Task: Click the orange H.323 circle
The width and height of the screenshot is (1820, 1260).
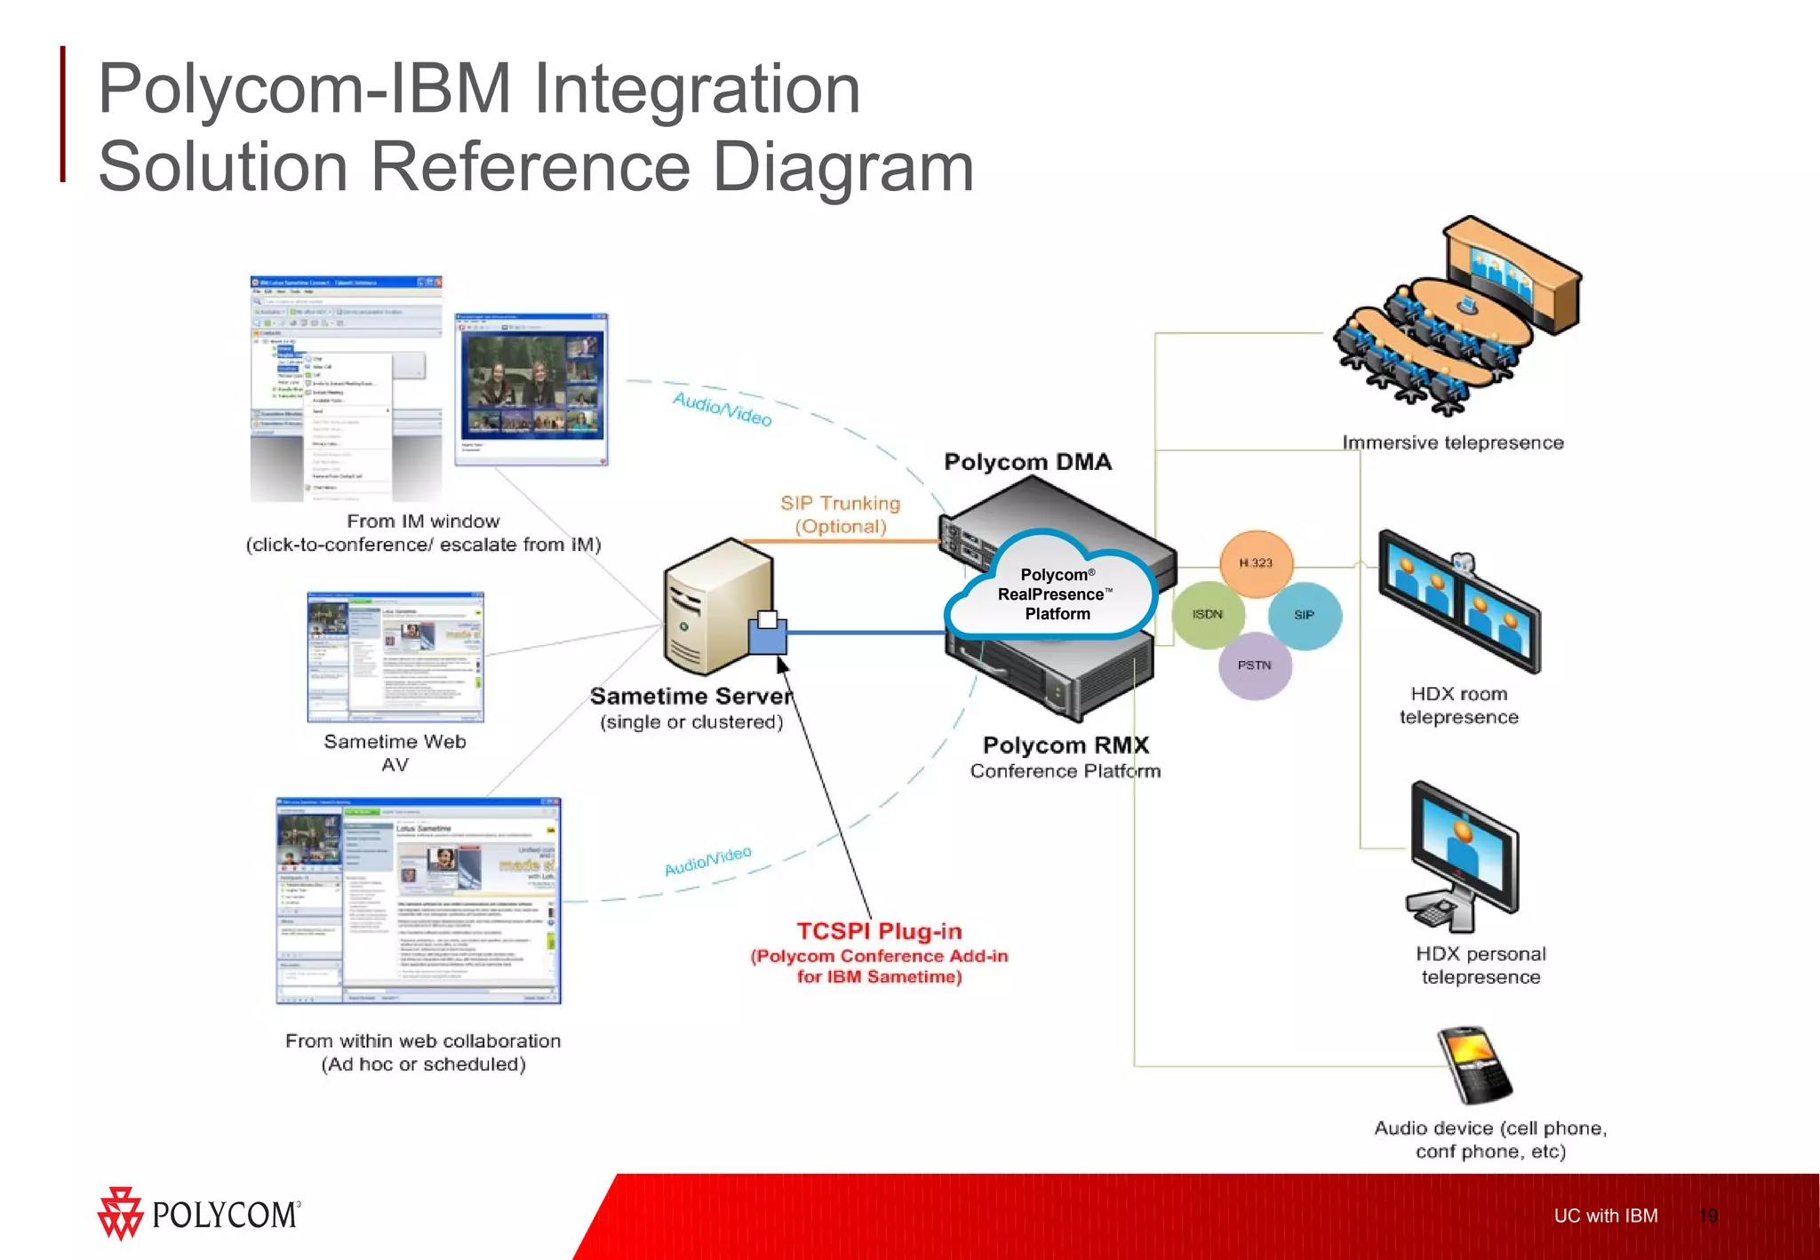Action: tap(1256, 563)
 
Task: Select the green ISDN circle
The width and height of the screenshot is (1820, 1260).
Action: tap(1207, 615)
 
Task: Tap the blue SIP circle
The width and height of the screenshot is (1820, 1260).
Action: tap(1304, 615)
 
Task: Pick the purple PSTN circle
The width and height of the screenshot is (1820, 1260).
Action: tap(1254, 666)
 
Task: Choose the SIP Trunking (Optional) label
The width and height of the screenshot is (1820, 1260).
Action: tap(840, 514)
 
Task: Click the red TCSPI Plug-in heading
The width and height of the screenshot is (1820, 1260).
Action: tap(879, 931)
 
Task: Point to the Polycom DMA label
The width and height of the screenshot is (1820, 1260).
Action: tap(1027, 462)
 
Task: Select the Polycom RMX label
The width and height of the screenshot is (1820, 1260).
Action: tap(1066, 745)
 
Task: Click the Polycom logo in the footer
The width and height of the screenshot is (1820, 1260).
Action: tap(199, 1214)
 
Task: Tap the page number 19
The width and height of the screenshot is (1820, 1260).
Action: tap(1707, 1216)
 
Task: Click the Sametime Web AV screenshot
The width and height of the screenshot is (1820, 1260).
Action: tap(395, 658)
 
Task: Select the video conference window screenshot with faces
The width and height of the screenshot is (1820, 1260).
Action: tap(531, 388)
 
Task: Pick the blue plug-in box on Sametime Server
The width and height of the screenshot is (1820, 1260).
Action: tap(767, 634)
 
